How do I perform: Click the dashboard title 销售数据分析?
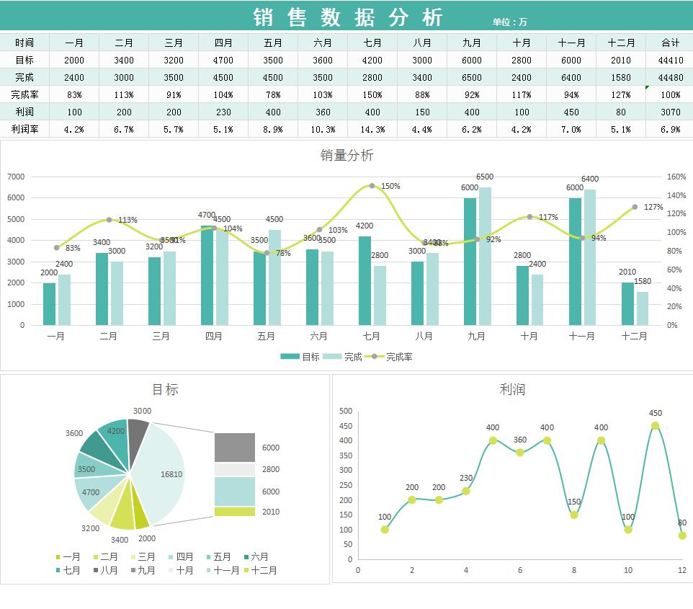[x=348, y=17]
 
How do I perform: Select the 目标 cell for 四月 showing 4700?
[x=223, y=61]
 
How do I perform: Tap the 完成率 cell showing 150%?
[x=372, y=94]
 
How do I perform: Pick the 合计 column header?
[x=670, y=43]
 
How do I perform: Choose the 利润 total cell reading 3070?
[x=670, y=112]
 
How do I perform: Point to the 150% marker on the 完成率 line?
[x=372, y=186]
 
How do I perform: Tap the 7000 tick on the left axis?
[x=16, y=177]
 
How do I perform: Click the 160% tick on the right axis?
[x=676, y=177]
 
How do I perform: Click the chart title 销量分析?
[x=346, y=156]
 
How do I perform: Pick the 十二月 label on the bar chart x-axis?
[x=634, y=336]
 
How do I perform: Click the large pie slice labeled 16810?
[x=162, y=474]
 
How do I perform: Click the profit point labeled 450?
[x=655, y=426]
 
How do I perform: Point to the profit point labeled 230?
[x=466, y=491]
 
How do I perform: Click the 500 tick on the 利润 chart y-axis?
[x=346, y=411]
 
